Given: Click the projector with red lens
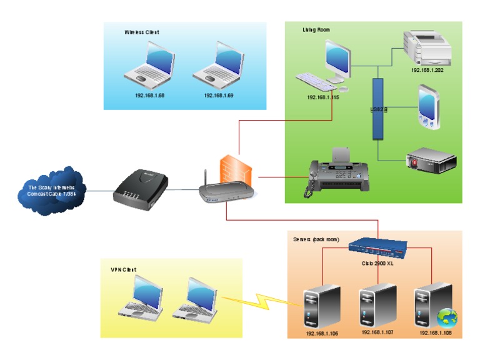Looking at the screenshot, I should click(x=431, y=160).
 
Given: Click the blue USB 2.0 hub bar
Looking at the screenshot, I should click(x=377, y=109).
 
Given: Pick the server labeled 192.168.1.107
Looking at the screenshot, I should click(x=377, y=304).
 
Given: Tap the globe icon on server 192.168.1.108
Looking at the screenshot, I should click(x=447, y=318).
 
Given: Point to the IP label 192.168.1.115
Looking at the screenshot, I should click(x=322, y=97).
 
